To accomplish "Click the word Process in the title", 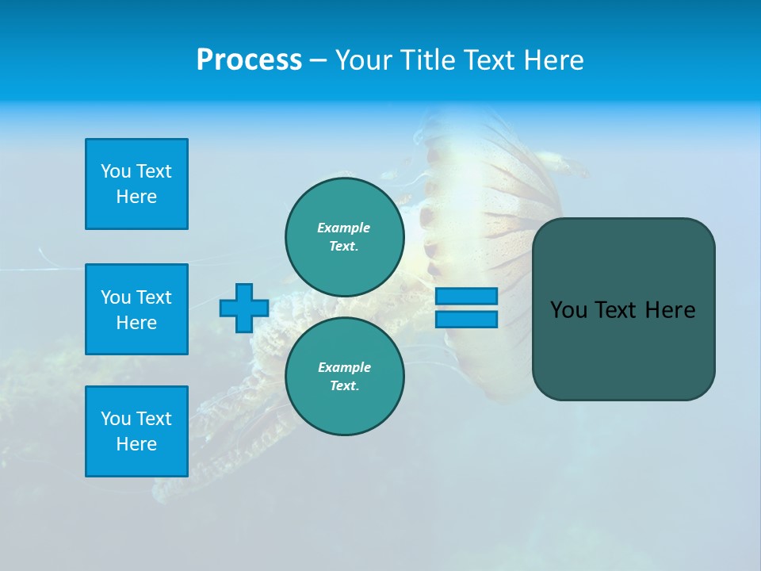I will pos(249,60).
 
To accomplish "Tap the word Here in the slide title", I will pos(550,60).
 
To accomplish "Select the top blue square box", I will pos(136,184).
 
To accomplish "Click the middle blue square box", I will pos(136,309).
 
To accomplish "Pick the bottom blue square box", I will pos(136,431).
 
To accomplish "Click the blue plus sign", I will pos(244,308).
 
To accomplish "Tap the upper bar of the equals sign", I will pos(467,296).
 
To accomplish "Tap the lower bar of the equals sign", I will pos(467,319).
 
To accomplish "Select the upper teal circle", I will pos(345,237).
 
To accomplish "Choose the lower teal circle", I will pos(345,377).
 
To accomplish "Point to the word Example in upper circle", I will pos(344,228).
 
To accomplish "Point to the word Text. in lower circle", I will pos(345,386).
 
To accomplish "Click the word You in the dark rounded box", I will pos(568,310).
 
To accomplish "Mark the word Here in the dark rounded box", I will pos(670,310).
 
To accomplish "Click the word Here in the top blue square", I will pos(136,197).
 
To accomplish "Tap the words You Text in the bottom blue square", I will pos(136,419).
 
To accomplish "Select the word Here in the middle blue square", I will pos(136,323).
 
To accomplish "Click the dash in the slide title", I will pos(318,60).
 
